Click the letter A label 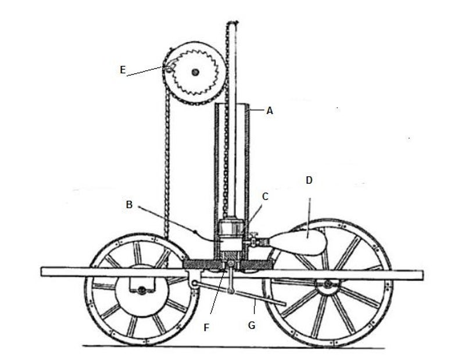click(x=269, y=111)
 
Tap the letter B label click(x=129, y=205)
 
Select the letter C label click(x=265, y=196)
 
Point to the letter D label click(x=309, y=180)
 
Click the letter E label click(x=123, y=70)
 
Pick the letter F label click(x=206, y=327)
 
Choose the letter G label click(x=251, y=325)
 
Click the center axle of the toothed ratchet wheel click(x=195, y=72)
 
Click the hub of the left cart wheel click(x=142, y=290)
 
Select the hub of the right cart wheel click(x=327, y=284)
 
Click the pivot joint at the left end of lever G click(x=195, y=284)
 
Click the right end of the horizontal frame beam click(x=423, y=275)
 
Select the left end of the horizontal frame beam click(x=42, y=272)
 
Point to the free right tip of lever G click(x=285, y=304)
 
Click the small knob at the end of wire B click(x=195, y=231)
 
